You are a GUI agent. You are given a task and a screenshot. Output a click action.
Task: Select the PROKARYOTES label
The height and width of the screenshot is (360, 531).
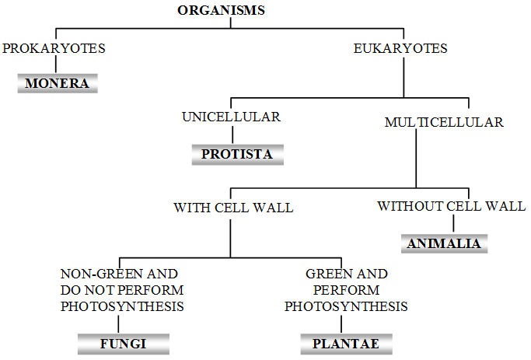click(x=54, y=48)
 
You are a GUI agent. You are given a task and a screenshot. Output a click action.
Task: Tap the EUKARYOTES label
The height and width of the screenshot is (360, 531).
click(x=400, y=48)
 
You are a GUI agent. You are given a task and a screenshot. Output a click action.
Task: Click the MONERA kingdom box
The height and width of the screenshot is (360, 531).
click(x=58, y=83)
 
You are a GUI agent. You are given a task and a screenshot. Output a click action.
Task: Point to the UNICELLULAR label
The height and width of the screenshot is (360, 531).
click(x=231, y=117)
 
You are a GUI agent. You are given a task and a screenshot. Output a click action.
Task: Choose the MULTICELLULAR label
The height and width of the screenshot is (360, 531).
click(x=444, y=122)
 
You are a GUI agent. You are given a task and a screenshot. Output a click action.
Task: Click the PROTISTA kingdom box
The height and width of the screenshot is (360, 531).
click(x=237, y=154)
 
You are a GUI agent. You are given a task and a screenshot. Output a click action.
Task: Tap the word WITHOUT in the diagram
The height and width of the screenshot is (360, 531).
click(x=410, y=206)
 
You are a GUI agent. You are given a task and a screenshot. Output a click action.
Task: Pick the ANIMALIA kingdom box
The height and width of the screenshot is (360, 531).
click(x=444, y=243)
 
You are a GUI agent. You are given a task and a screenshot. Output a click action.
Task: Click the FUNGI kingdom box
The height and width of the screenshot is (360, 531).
click(x=123, y=342)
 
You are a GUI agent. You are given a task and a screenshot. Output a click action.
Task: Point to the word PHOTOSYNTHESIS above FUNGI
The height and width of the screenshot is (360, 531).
click(x=123, y=306)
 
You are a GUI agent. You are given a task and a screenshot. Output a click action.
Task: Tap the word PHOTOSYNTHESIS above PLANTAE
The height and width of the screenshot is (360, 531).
click(x=346, y=306)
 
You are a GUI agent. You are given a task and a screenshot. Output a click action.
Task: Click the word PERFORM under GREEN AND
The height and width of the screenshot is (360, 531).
click(x=346, y=290)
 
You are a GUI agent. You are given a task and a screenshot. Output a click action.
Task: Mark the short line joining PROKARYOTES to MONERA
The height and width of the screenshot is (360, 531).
click(x=54, y=65)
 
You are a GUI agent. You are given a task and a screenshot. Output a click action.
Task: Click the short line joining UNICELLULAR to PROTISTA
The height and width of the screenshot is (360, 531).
click(x=232, y=134)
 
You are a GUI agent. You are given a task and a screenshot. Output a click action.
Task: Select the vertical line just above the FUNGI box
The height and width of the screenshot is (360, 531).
click(x=119, y=323)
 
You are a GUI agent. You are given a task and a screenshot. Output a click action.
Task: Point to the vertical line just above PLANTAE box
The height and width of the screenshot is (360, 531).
click(x=341, y=323)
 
